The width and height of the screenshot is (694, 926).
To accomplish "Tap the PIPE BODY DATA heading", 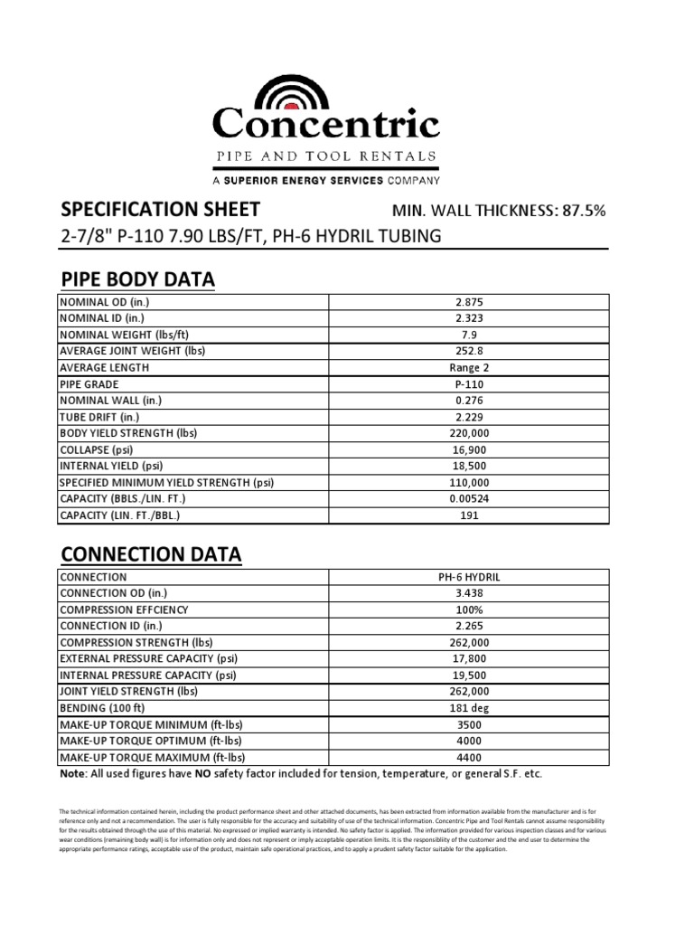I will tap(137, 279).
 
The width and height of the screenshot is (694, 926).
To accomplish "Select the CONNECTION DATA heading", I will tap(150, 554).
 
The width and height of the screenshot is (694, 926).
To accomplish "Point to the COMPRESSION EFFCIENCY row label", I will tap(124, 610).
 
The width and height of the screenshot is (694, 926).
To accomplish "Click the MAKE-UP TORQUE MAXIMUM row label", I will tap(152, 758).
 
